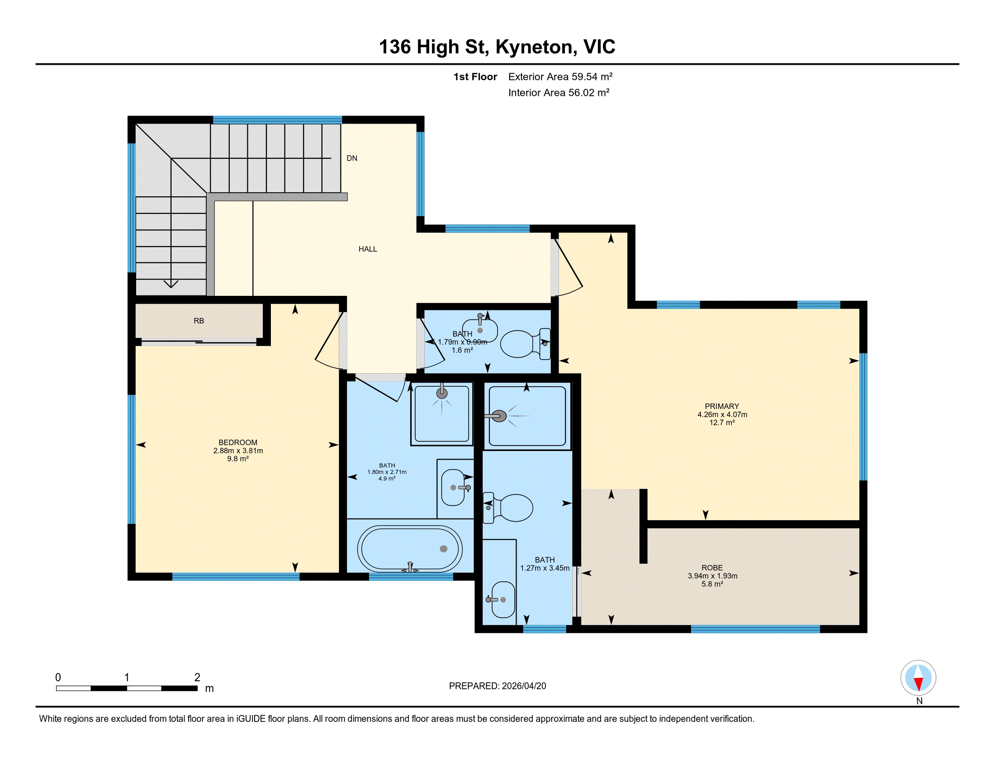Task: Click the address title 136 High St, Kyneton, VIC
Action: pos(497,47)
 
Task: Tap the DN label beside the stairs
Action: pos(352,158)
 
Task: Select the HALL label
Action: pos(368,249)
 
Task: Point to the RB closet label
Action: pos(199,321)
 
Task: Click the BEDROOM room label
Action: pos(238,442)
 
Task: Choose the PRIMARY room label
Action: pos(722,406)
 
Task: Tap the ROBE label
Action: pos(712,568)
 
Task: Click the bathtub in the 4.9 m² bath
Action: pos(410,549)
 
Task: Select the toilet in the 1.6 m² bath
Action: pos(525,344)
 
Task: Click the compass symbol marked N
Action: pos(918,678)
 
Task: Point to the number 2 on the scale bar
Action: pos(197,677)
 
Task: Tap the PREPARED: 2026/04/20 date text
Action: pos(497,686)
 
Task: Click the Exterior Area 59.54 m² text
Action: pos(560,76)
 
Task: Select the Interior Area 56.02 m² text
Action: pos(559,92)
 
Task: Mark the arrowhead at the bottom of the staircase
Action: pos(171,284)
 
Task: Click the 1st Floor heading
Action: pos(475,76)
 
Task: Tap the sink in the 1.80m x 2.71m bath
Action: pos(453,488)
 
